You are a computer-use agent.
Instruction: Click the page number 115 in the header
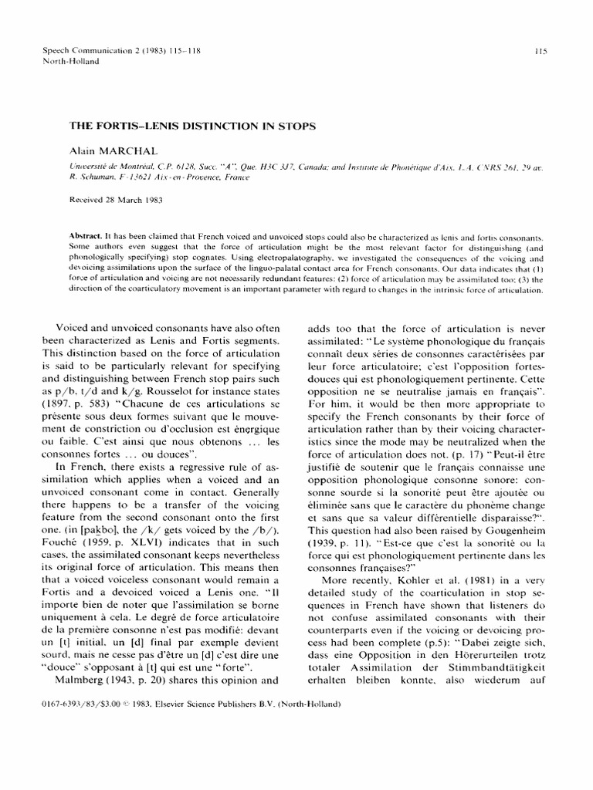[540, 52]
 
